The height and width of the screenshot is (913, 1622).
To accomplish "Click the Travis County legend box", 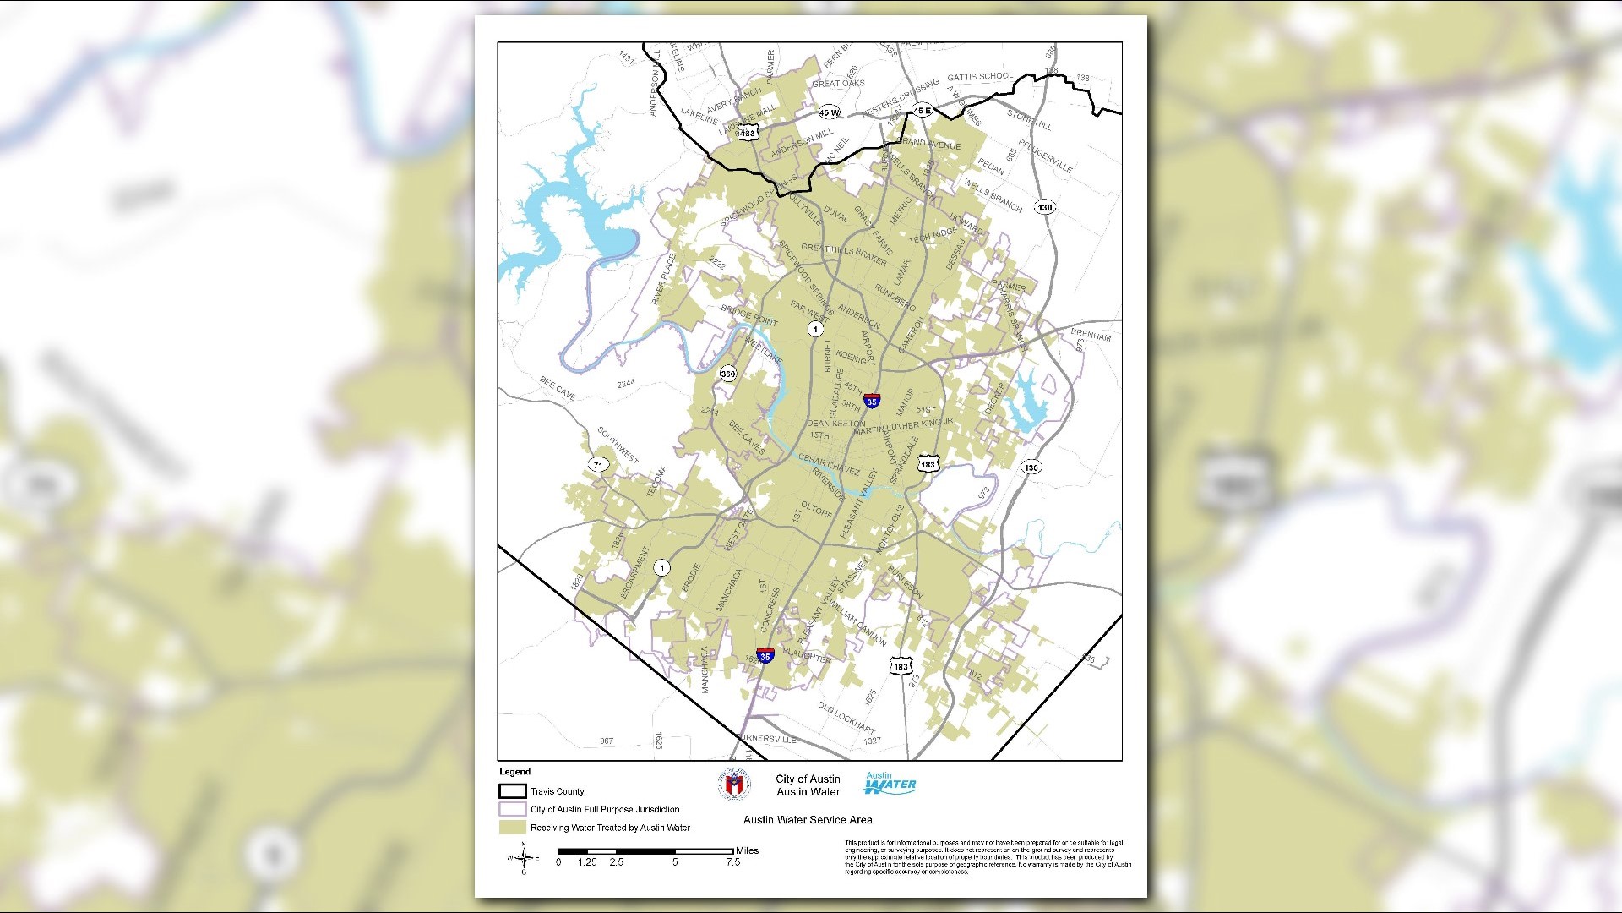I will [x=512, y=791].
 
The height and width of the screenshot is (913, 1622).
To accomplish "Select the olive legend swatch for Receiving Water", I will [x=512, y=828].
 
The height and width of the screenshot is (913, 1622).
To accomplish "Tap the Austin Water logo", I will [x=890, y=784].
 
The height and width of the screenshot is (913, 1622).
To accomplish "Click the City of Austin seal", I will [x=733, y=785].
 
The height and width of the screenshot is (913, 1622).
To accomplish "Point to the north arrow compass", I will [x=524, y=859].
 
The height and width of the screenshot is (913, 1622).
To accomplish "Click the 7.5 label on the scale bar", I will [x=732, y=862].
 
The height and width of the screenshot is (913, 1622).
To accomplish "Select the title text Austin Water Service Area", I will [x=807, y=819].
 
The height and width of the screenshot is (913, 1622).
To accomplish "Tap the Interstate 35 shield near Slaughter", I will [x=765, y=655].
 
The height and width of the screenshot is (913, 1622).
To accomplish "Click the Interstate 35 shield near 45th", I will [x=872, y=401].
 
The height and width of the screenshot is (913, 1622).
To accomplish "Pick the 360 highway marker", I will [x=727, y=374].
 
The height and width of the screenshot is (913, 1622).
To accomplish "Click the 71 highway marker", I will [x=598, y=465].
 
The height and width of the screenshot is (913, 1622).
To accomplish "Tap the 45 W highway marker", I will [x=829, y=112].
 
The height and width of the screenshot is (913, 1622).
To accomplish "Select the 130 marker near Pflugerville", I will [x=1045, y=207].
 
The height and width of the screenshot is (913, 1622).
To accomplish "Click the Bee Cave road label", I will [x=558, y=388].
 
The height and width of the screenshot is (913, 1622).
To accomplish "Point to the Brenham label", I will [x=1091, y=335].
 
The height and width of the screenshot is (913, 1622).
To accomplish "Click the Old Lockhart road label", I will [x=846, y=718].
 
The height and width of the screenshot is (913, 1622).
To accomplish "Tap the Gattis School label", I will [x=979, y=77].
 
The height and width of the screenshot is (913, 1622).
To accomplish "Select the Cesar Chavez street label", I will [x=829, y=465].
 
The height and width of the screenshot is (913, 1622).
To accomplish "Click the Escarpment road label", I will [x=635, y=573].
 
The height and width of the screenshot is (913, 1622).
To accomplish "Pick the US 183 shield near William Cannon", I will [x=901, y=667].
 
